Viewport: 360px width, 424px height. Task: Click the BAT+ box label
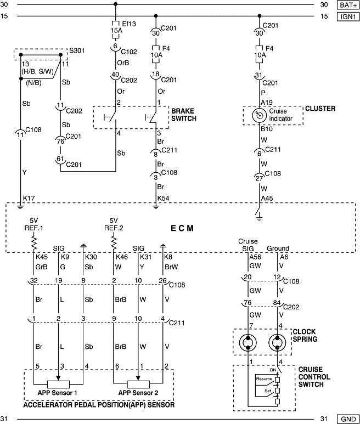point(348,5)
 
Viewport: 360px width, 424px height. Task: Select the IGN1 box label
point(348,16)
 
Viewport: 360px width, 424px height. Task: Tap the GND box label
point(348,419)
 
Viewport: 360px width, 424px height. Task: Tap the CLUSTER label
point(320,109)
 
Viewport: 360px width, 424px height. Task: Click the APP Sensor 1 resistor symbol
point(58,383)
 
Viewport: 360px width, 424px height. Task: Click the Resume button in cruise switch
point(263,379)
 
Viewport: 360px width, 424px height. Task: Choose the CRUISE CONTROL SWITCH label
point(314,377)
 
